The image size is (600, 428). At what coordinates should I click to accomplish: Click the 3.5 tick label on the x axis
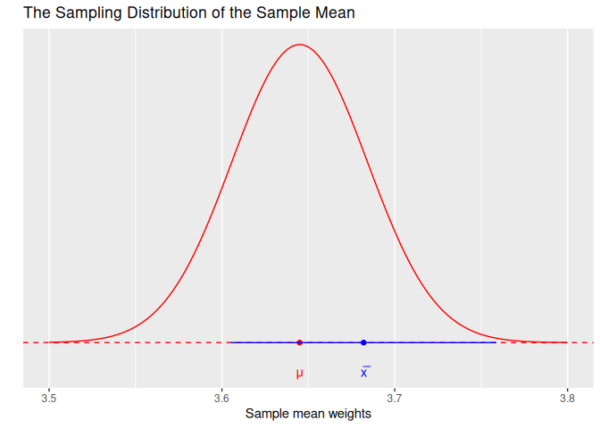(x=49, y=399)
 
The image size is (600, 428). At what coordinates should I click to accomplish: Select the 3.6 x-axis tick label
(x=221, y=399)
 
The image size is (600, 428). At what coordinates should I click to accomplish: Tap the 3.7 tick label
(x=395, y=399)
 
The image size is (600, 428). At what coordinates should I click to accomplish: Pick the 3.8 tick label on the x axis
(x=567, y=399)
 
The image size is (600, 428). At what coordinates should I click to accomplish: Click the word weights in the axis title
(x=348, y=414)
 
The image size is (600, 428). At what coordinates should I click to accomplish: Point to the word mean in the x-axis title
(x=307, y=414)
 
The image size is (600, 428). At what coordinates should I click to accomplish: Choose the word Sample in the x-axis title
(x=266, y=414)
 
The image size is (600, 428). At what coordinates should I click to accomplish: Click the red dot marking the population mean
(x=299, y=342)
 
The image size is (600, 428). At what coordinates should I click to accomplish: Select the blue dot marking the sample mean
(x=363, y=342)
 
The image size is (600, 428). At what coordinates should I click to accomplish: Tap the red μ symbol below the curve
(x=299, y=374)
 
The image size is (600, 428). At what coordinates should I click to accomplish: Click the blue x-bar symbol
(x=364, y=373)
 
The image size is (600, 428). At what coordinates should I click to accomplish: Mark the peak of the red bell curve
(x=300, y=45)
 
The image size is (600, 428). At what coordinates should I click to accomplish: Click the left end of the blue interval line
(x=229, y=342)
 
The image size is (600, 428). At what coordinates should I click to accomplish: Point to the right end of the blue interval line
(x=496, y=342)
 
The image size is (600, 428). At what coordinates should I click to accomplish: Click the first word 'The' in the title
(x=37, y=13)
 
